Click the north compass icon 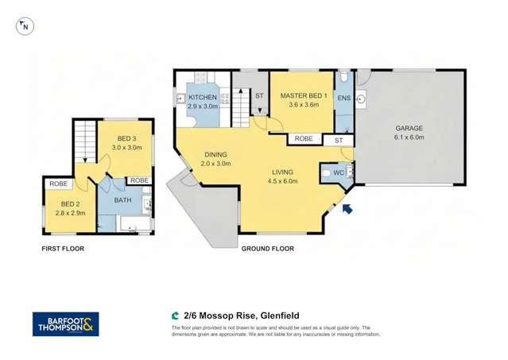click(25, 26)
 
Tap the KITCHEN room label click(202, 97)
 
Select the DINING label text click(216, 154)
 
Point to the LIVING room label click(282, 172)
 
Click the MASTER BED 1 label click(301, 95)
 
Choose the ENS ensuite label click(343, 98)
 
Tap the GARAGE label click(409, 128)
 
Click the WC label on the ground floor click(338, 172)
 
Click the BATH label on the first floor click(122, 200)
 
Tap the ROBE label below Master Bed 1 click(304, 139)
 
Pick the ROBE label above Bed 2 click(58, 184)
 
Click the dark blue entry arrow click(347, 208)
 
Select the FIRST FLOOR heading click(63, 249)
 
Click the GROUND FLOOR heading click(267, 249)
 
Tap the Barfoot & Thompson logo click(65, 323)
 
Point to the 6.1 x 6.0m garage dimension click(409, 137)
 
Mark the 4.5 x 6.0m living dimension click(282, 181)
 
